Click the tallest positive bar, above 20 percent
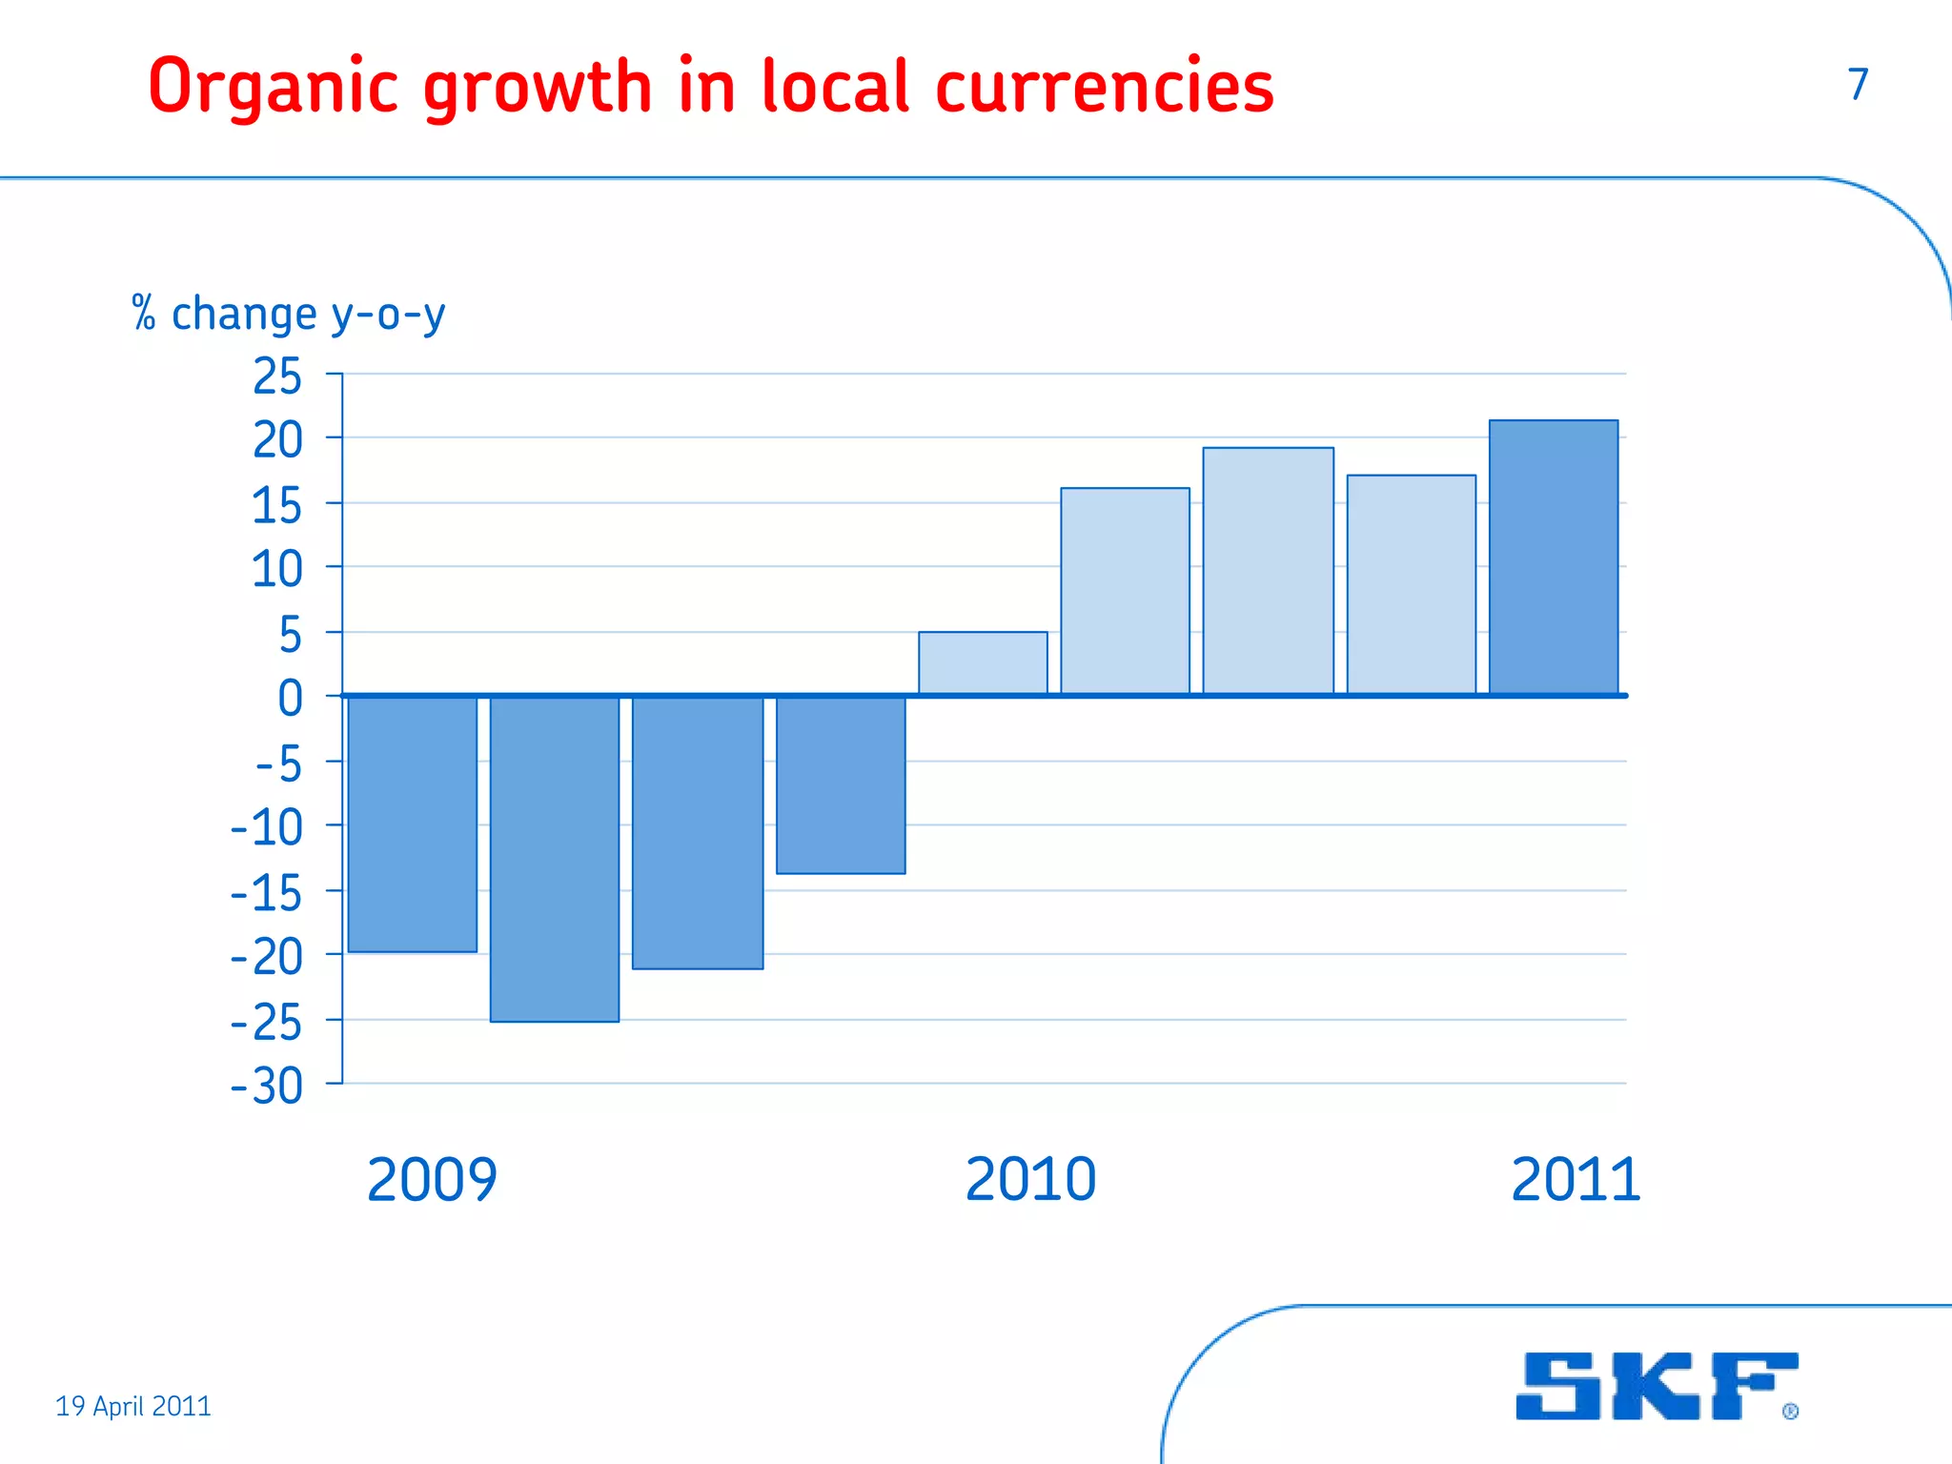coord(1554,558)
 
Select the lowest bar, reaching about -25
coord(555,859)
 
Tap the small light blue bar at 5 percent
coord(983,663)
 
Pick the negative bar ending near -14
coord(841,784)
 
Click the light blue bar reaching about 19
coord(1268,571)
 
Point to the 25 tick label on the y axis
coord(277,376)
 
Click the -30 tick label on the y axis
coord(268,1086)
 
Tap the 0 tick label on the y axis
coord(290,698)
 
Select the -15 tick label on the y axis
coord(268,893)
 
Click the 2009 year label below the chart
coord(432,1179)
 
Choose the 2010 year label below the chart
coord(1030,1179)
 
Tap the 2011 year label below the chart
coord(1576,1179)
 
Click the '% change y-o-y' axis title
coord(289,314)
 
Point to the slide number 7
coord(1858,84)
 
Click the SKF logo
coord(1657,1386)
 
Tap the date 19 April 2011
coord(133,1406)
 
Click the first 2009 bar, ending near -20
coord(413,823)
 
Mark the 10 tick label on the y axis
coord(277,570)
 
